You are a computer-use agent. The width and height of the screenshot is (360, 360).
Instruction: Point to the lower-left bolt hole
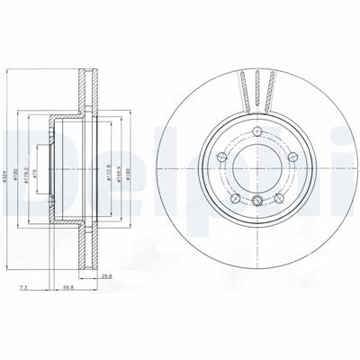click(236, 197)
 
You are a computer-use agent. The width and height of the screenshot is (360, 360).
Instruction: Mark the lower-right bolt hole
click(279, 197)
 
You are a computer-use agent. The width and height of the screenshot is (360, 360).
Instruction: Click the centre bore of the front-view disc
click(257, 170)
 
